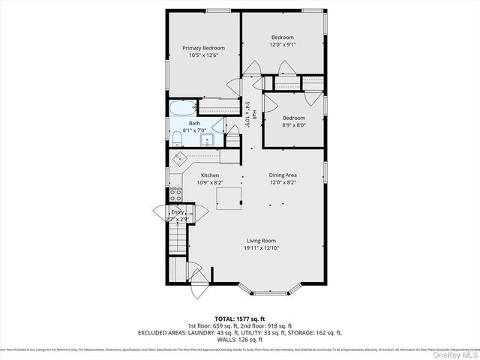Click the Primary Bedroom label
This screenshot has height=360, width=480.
click(x=203, y=48)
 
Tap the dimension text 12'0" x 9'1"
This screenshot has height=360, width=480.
click(x=283, y=44)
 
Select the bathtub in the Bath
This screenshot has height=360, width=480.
click(x=181, y=109)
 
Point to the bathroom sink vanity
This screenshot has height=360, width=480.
click(x=206, y=138)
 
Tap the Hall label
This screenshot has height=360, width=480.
click(x=254, y=115)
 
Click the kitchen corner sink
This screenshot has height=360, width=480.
click(x=180, y=158)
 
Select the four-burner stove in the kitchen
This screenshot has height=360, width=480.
click(x=175, y=196)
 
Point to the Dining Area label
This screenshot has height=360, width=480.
click(x=283, y=175)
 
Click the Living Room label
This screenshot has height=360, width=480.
click(x=259, y=241)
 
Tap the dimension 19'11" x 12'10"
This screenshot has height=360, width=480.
click(x=259, y=248)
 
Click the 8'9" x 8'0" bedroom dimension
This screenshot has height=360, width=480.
click(x=294, y=125)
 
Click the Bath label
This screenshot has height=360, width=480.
click(x=194, y=123)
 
